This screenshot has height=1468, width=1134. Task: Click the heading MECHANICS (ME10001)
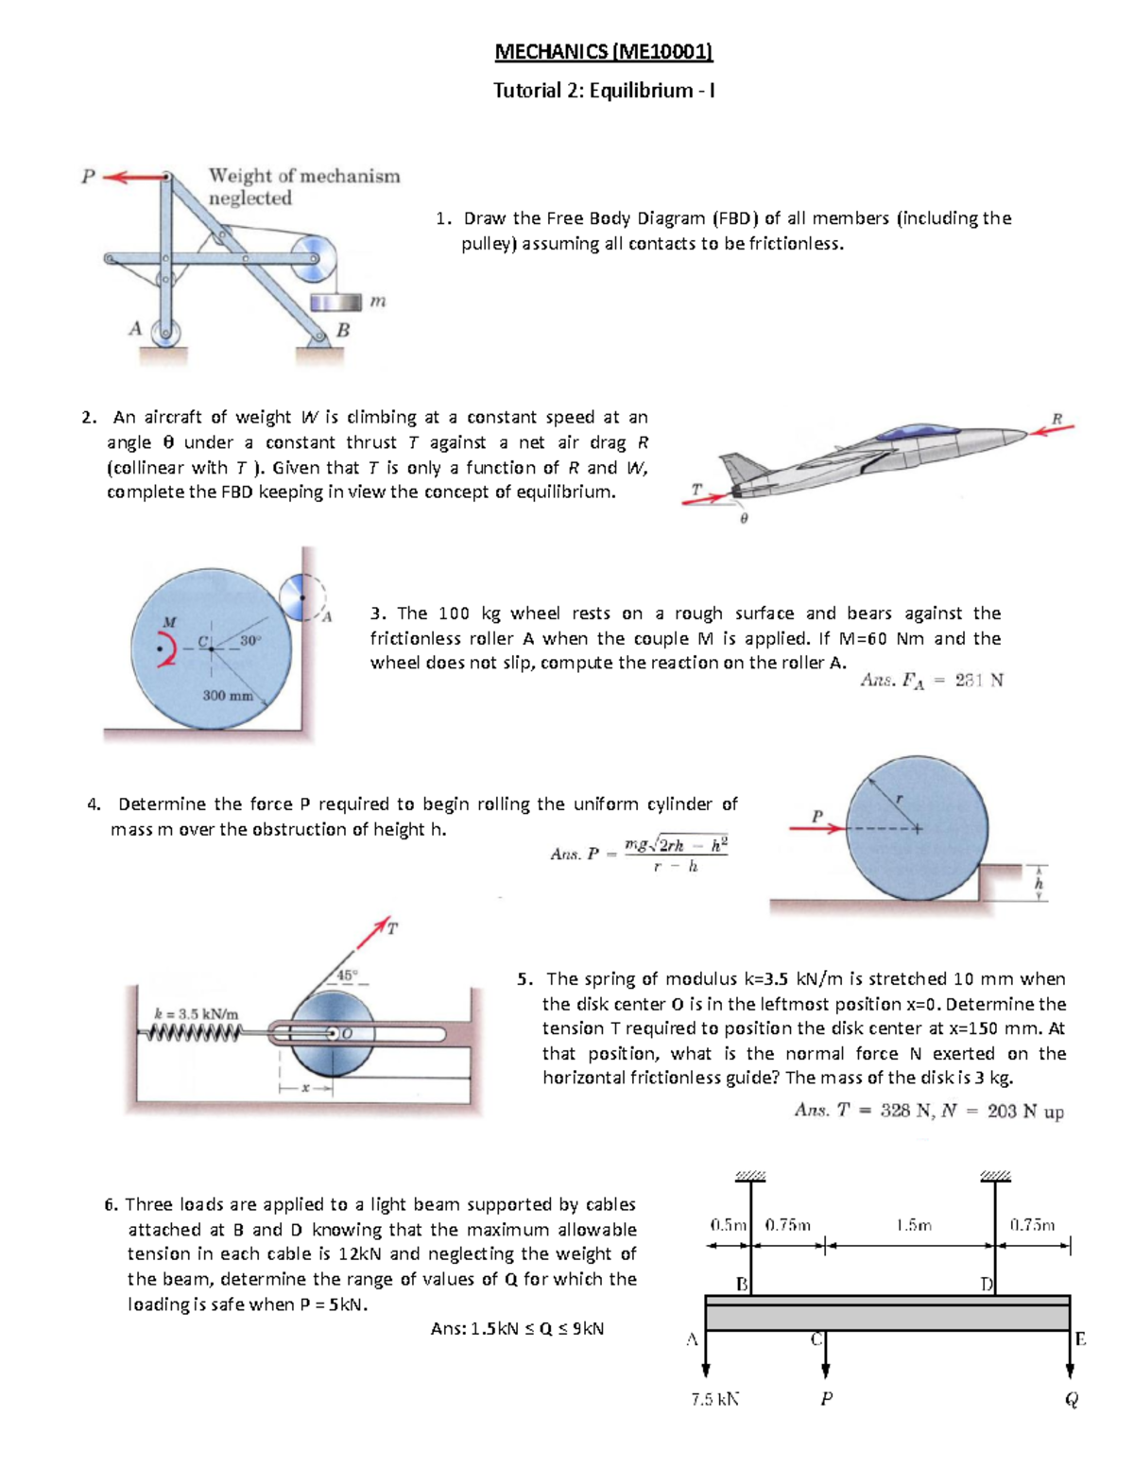(603, 52)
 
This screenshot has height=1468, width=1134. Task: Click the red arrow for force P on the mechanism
(131, 176)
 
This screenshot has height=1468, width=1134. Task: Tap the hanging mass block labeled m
(336, 302)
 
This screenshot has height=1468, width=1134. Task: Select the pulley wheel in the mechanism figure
(313, 257)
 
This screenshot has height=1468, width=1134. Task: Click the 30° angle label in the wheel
(249, 640)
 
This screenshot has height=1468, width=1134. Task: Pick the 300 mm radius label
(228, 696)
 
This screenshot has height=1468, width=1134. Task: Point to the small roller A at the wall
(302, 596)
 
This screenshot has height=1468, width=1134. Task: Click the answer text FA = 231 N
(931, 681)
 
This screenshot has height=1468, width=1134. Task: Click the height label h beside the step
(1039, 884)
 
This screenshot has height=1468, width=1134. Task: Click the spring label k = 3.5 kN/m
(196, 1013)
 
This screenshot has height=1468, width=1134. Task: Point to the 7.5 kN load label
(714, 1399)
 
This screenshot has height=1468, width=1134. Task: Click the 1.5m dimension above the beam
(913, 1225)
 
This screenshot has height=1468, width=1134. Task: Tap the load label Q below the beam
(1071, 1400)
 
